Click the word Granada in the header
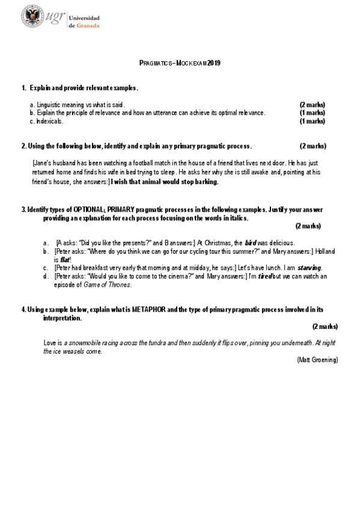pos(88,26)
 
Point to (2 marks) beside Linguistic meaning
pos(312,105)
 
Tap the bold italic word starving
pos(310,268)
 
